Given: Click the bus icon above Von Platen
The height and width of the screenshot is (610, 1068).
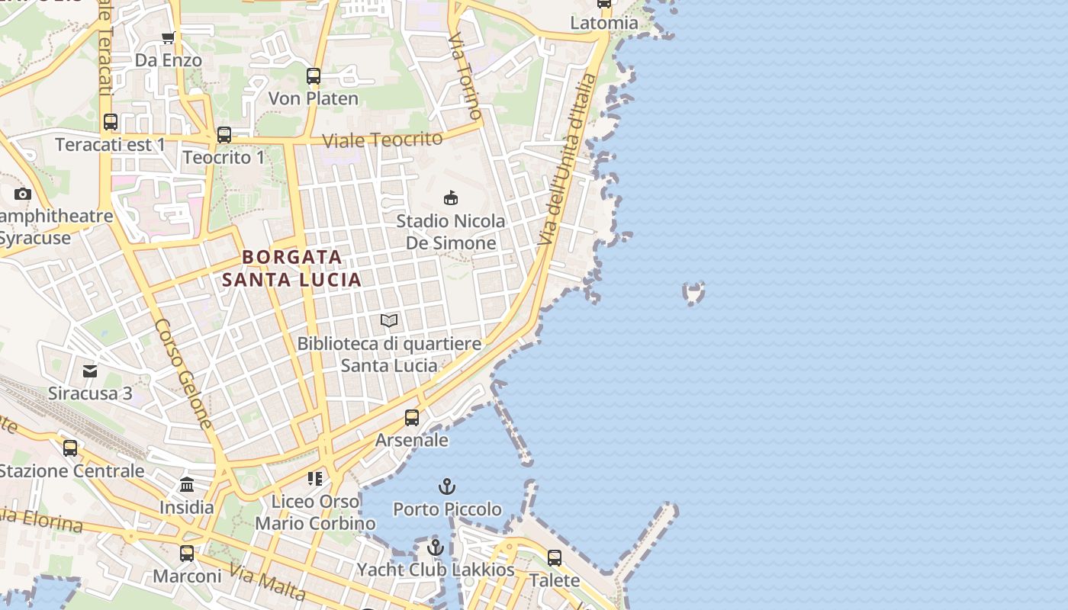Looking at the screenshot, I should (x=314, y=76).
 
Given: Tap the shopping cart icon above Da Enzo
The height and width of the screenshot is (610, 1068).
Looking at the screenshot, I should (x=169, y=37).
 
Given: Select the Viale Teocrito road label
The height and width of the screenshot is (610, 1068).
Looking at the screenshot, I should (x=382, y=140).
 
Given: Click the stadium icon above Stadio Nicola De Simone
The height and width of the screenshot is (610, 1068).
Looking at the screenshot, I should (x=451, y=198).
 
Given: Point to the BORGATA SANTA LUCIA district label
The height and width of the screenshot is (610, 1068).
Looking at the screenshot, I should (x=292, y=268).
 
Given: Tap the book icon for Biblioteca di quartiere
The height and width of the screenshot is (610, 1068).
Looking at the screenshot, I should (x=389, y=320).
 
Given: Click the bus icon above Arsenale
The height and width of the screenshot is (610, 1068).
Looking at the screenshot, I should (x=412, y=418).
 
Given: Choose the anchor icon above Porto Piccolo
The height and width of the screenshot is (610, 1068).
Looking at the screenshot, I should (x=447, y=486).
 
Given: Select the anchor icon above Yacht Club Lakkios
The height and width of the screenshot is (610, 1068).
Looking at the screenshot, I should (x=436, y=547).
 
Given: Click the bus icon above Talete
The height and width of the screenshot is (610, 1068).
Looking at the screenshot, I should (x=555, y=557).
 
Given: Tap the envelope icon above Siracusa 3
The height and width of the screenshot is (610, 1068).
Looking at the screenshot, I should (x=90, y=371).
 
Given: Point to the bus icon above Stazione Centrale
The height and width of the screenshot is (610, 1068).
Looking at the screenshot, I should (x=70, y=448).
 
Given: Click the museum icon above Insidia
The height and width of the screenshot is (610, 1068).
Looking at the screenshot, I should (x=187, y=485).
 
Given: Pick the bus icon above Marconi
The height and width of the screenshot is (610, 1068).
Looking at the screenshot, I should (x=187, y=554).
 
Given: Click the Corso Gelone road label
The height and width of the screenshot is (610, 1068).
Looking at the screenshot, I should (x=183, y=374).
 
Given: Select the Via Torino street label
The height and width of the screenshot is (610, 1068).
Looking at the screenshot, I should (x=465, y=76).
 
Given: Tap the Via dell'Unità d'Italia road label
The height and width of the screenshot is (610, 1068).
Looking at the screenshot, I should (x=565, y=160).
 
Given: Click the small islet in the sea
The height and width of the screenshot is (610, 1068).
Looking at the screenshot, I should (x=693, y=292).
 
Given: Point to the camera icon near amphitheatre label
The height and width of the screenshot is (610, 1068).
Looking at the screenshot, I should (x=23, y=194).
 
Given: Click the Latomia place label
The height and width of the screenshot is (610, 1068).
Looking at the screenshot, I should (x=604, y=23).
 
